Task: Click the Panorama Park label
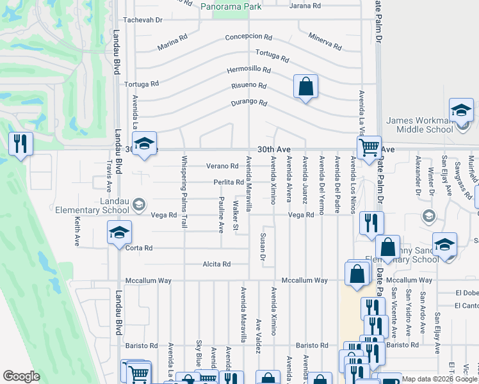pos(231,6)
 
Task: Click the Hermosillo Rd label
pos(248,70)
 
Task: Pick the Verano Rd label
pos(217,166)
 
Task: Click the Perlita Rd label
pos(229,182)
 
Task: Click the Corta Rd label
pos(139,248)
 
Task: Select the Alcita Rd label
pos(216,264)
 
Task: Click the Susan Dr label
pos(263,247)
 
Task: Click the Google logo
pos(21,376)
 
